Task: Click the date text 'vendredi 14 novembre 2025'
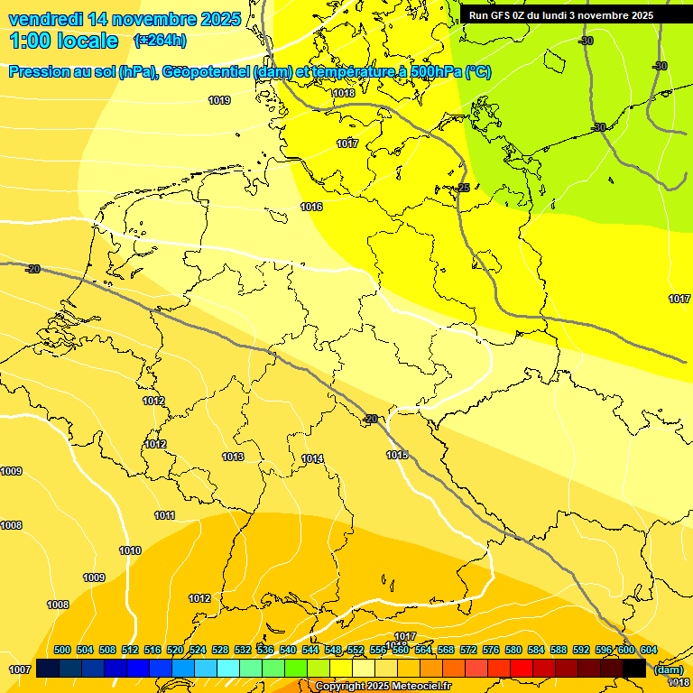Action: click(x=125, y=19)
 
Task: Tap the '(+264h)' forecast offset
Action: click(x=160, y=41)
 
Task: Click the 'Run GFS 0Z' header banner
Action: click(x=560, y=15)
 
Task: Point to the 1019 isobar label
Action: click(x=219, y=100)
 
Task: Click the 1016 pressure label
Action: click(x=312, y=208)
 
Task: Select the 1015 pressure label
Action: click(x=397, y=455)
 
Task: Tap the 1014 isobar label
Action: click(x=312, y=459)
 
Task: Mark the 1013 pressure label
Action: click(x=233, y=457)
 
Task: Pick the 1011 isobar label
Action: click(x=164, y=515)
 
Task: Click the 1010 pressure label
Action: click(x=130, y=550)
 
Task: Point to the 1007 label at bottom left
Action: click(x=20, y=670)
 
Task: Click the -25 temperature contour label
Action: click(x=463, y=188)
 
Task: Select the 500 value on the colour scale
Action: click(x=62, y=651)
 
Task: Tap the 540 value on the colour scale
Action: click(x=288, y=651)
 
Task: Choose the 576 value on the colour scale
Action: click(x=491, y=651)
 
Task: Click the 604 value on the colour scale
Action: click(x=649, y=651)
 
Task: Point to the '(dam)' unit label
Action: click(x=669, y=670)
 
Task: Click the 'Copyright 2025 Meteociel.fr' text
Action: click(x=383, y=687)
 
